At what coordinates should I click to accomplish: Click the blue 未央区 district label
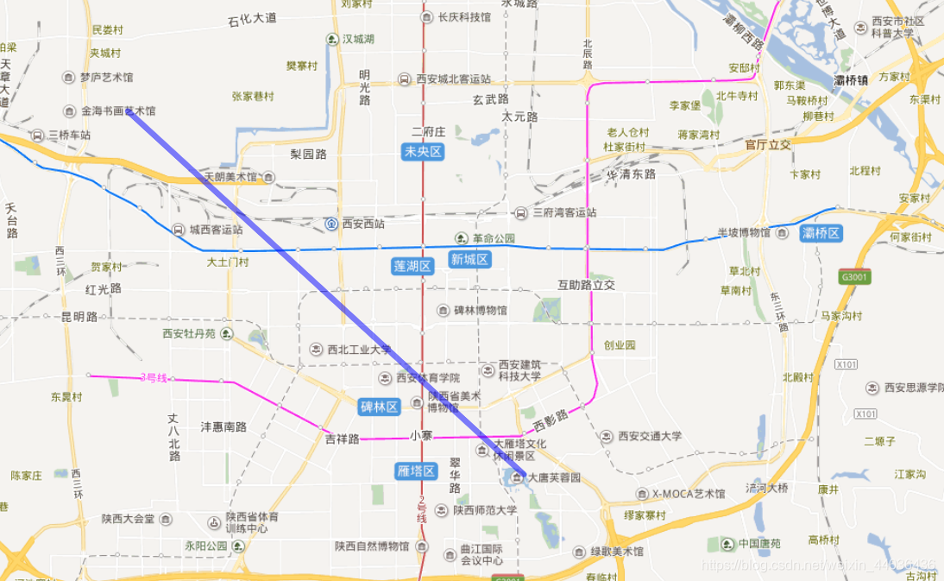(x=423, y=152)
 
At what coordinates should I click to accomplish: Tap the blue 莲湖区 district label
(x=412, y=266)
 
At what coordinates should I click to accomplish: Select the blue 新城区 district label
(x=469, y=259)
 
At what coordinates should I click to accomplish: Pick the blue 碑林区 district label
(x=380, y=406)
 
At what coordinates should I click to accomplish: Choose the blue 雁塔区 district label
(x=416, y=470)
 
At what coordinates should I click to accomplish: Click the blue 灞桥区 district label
(x=821, y=233)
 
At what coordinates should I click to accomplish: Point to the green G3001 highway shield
(x=853, y=276)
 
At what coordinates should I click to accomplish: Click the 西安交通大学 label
(x=650, y=436)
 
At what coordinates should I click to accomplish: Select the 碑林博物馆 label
(x=481, y=310)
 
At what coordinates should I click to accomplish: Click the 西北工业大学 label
(x=359, y=350)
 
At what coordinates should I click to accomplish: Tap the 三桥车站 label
(x=69, y=136)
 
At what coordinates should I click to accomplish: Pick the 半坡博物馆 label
(x=743, y=232)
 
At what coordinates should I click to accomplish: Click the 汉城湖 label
(x=358, y=39)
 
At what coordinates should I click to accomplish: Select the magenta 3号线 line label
(x=154, y=377)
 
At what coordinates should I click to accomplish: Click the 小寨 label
(x=421, y=436)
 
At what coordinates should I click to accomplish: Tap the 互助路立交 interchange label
(x=586, y=284)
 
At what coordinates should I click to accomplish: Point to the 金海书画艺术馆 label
(x=118, y=111)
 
